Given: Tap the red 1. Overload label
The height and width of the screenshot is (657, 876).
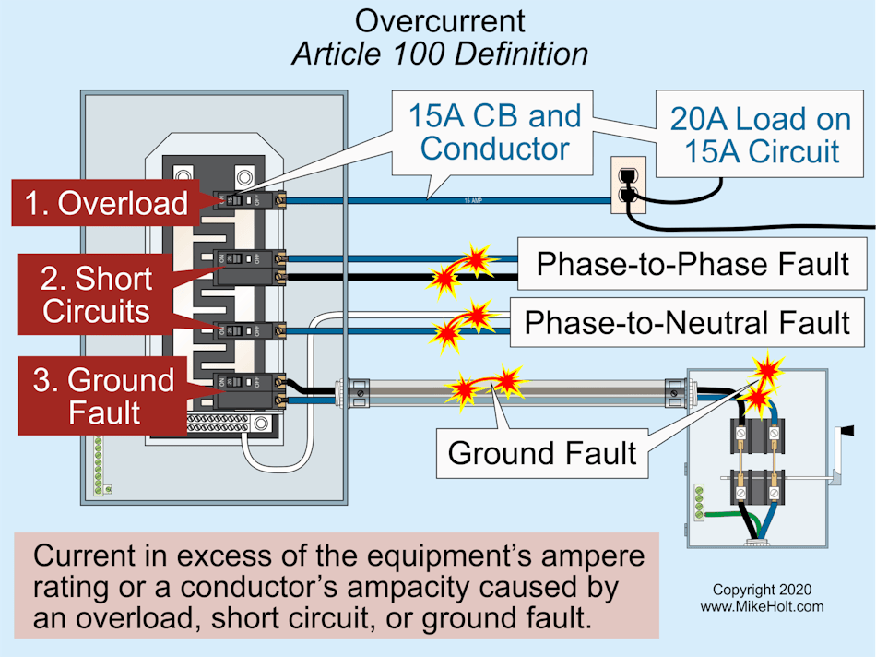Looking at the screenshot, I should (x=105, y=204).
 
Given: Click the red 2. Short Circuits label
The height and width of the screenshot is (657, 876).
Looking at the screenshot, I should (x=96, y=294).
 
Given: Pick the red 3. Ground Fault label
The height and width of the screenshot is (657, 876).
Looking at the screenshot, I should (x=103, y=396).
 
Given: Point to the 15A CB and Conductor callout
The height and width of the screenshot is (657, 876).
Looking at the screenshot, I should (x=495, y=132).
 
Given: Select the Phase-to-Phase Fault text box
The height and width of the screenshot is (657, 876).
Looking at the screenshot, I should (x=692, y=264).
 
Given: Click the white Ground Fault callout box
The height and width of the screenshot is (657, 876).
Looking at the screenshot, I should (x=541, y=452).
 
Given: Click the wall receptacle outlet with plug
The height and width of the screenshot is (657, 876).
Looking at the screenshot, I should (x=629, y=184).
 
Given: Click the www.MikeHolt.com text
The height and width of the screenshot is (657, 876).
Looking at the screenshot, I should (x=762, y=606).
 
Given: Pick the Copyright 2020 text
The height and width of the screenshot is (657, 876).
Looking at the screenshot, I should (x=762, y=590).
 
